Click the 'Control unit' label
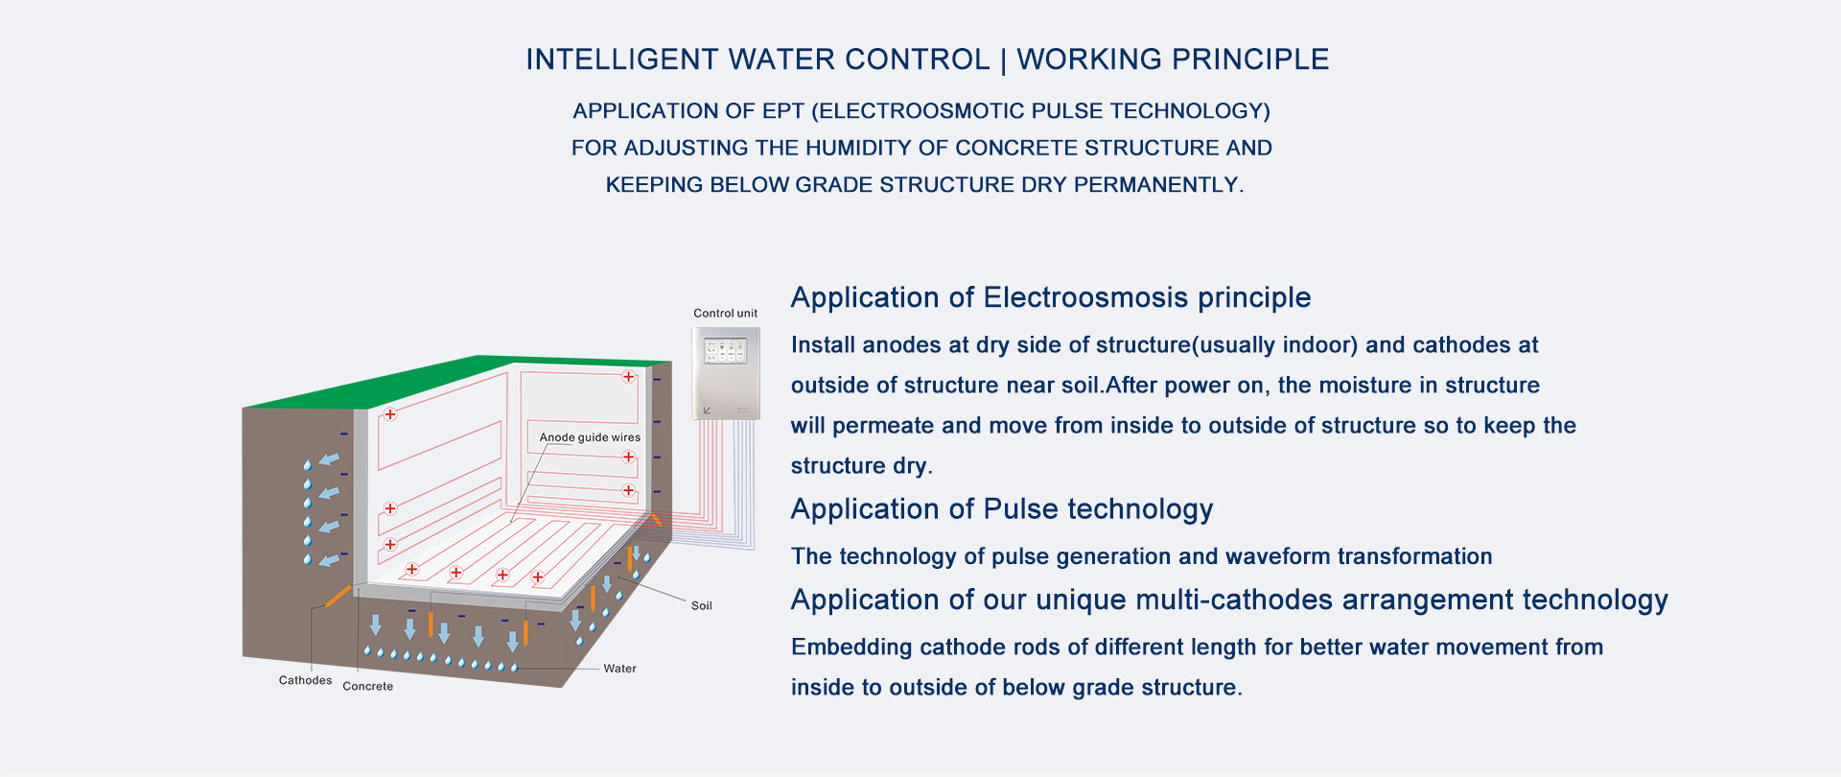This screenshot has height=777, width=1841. pos(725,314)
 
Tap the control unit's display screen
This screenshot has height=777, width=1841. pos(726,350)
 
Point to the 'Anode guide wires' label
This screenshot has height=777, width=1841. pos(590,437)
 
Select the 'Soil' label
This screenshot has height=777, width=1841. pos(702,606)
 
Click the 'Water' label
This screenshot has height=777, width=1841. pos(619,669)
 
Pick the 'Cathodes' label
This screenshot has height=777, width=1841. pos(305,680)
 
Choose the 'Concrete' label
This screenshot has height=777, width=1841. pos(367,686)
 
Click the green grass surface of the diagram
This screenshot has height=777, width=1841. pos(451,378)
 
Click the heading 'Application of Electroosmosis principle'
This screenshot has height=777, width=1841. pos(1051,298)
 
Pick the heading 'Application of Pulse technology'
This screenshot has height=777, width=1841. pos(1002,509)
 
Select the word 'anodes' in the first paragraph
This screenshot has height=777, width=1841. pos(894,345)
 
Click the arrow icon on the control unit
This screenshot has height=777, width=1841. pos(708,411)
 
